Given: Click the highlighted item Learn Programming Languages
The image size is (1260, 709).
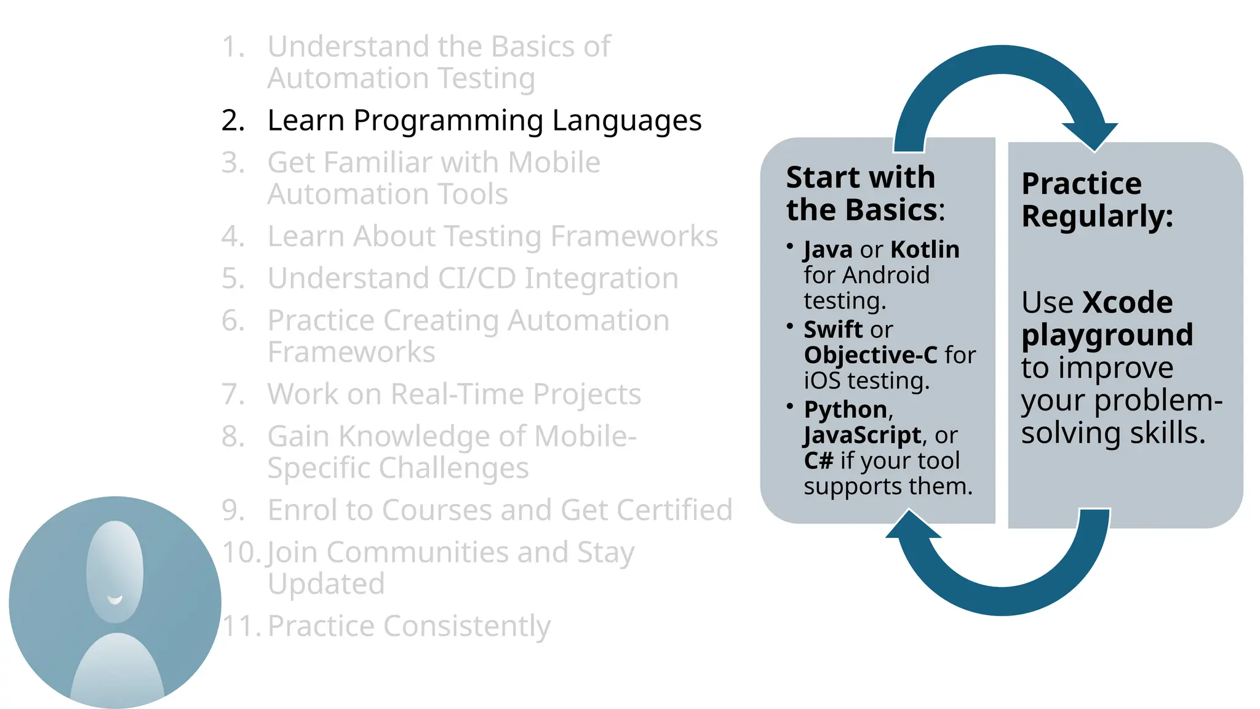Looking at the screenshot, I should point(484,121).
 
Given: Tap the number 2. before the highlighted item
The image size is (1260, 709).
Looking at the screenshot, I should point(233,121).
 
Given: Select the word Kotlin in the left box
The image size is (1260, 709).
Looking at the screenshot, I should point(925,249).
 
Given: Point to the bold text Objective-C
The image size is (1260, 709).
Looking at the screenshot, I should point(871,355).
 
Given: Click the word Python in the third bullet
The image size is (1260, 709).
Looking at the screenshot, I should point(845,409).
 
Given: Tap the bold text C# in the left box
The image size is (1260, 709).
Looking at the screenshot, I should point(818,460).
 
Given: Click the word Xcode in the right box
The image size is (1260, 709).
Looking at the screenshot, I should point(1127,302).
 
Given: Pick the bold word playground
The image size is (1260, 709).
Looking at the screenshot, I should point(1107,335).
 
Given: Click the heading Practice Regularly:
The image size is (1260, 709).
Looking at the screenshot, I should point(1097,199).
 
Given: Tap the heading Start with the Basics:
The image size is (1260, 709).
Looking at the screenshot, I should point(864,193).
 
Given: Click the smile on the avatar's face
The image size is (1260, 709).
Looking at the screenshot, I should point(115,599).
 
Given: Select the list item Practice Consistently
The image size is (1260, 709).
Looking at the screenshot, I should point(409,626).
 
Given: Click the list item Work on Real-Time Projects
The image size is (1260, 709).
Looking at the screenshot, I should point(454,394).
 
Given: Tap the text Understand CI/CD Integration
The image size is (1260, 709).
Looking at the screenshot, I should point(472,278).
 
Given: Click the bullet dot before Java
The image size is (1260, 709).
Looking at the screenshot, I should point(789,246).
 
